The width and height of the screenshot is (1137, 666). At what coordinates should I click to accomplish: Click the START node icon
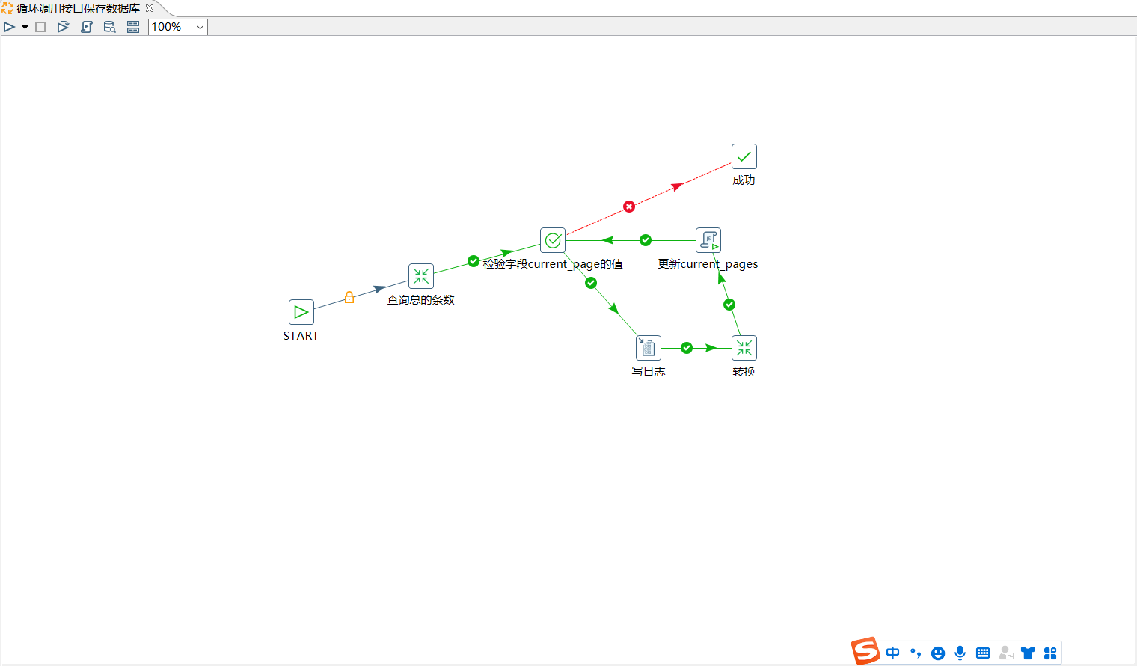pyautogui.click(x=301, y=312)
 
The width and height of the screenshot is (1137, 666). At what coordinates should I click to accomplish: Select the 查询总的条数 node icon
pyautogui.click(x=421, y=276)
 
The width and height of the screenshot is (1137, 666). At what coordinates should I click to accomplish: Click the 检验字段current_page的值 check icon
pyautogui.click(x=553, y=240)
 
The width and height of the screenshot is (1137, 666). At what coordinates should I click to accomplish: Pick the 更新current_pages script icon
pyautogui.click(x=708, y=240)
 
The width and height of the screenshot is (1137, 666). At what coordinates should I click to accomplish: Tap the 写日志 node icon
pyautogui.click(x=649, y=348)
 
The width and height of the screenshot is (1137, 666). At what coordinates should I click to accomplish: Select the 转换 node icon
pyautogui.click(x=744, y=348)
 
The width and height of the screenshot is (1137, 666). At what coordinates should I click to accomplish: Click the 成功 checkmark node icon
pyautogui.click(x=744, y=156)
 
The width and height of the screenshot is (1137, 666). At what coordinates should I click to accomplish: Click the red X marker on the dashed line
pyautogui.click(x=629, y=207)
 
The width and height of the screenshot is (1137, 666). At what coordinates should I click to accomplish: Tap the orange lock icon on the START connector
pyautogui.click(x=349, y=297)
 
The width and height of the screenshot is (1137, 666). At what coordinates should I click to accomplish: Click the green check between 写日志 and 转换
pyautogui.click(x=686, y=348)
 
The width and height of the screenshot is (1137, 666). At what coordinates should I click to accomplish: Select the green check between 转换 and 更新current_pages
pyautogui.click(x=729, y=305)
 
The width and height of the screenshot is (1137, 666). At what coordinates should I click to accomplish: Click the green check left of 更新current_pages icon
pyautogui.click(x=645, y=240)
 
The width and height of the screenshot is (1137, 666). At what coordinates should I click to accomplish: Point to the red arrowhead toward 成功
pyautogui.click(x=677, y=187)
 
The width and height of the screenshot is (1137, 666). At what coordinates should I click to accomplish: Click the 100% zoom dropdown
pyautogui.click(x=178, y=27)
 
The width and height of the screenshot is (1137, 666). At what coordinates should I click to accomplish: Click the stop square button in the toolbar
pyautogui.click(x=40, y=27)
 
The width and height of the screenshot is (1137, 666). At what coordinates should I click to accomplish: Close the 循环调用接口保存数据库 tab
pyautogui.click(x=150, y=8)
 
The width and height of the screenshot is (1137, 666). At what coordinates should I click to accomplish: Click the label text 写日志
pyautogui.click(x=649, y=372)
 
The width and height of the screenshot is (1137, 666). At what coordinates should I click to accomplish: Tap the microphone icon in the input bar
pyautogui.click(x=960, y=653)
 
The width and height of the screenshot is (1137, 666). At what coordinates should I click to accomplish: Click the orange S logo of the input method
pyautogui.click(x=865, y=651)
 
